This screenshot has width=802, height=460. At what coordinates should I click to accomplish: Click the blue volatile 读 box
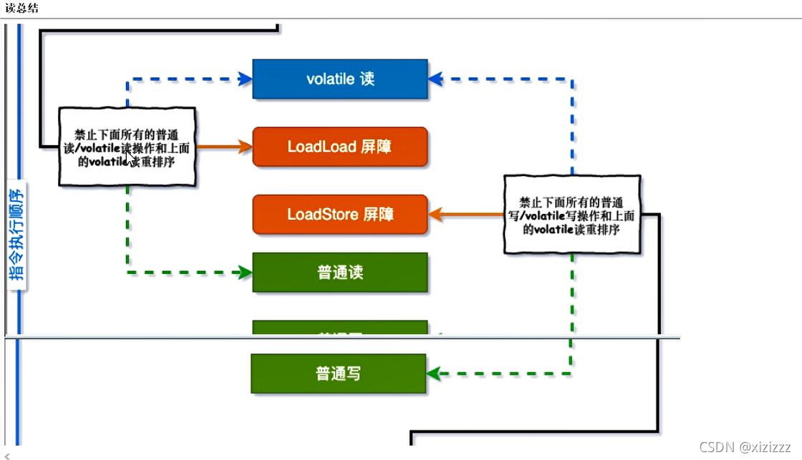pos(340,79)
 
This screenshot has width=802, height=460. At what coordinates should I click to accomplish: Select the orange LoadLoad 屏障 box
pos(340,147)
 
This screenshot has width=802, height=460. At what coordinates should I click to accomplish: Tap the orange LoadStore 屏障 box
pos(340,214)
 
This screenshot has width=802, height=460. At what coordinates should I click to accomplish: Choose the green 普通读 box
pos(340,273)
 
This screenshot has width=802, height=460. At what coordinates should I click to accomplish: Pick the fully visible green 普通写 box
pos(338,373)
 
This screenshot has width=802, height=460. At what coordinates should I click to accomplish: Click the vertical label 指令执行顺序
pos(18,233)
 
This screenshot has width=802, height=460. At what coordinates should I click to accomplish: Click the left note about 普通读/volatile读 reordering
pos(127,147)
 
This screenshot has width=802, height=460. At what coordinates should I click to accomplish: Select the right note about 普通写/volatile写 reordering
pos(570,214)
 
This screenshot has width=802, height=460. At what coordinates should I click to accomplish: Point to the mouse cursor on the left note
pos(130,157)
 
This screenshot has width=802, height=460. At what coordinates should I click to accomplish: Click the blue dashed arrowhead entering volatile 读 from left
pos(245,79)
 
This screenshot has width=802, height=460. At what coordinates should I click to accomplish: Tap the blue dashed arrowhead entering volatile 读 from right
pos(435,79)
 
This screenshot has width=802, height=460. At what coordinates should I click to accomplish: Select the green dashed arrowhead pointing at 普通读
pos(245,273)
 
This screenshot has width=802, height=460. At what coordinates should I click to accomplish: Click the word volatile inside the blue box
pos(330,79)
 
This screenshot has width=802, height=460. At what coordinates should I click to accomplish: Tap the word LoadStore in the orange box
pos(322,214)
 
